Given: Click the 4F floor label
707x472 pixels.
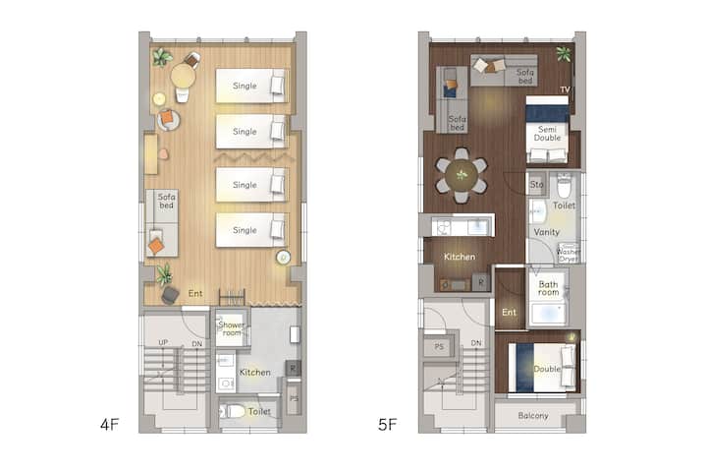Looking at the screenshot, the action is (110, 425).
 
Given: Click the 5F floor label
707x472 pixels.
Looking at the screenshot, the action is (387, 425).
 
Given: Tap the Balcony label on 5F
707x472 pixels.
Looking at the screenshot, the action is (533, 416).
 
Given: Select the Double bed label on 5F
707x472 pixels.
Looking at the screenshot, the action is (547, 369).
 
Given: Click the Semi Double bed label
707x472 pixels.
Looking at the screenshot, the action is (547, 134).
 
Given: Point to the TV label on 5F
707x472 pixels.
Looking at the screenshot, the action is (565, 89).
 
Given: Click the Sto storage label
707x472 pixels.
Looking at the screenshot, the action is (536, 184).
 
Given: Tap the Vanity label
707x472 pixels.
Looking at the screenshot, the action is (547, 232).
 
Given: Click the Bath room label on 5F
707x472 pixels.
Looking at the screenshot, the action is (548, 288).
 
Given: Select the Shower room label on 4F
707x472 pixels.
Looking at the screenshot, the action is (232, 328).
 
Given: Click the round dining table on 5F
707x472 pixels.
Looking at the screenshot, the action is (462, 175).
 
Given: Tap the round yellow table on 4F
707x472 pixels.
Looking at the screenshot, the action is (183, 76).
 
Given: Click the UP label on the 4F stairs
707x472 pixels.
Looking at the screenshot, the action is (163, 342).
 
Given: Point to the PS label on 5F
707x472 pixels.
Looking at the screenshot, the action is (439, 347).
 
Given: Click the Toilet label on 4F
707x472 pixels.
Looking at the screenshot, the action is (259, 411).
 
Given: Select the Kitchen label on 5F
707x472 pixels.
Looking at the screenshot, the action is (460, 257).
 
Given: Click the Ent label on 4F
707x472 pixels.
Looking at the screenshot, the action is (195, 294).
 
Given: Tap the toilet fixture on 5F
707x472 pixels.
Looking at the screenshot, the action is (564, 185).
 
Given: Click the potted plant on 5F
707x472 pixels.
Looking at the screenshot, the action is (564, 54).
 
